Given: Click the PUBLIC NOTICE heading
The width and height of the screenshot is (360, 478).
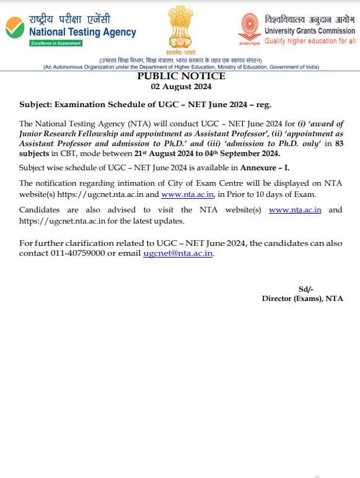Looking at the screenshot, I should click(x=180, y=76).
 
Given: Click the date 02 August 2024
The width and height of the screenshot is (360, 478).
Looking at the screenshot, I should click(x=180, y=87).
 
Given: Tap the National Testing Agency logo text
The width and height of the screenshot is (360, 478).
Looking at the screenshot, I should click(x=82, y=32).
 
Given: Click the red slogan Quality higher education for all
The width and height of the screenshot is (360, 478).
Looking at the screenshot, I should click(x=310, y=41).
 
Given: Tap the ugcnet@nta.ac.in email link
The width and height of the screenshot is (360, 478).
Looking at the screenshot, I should click(x=178, y=254).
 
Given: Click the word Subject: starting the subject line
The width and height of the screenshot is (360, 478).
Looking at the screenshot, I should click(x=36, y=105).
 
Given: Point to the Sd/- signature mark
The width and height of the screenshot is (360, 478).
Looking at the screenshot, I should click(x=306, y=289).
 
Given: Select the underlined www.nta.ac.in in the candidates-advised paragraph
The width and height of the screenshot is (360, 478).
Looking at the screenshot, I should click(x=295, y=210).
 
